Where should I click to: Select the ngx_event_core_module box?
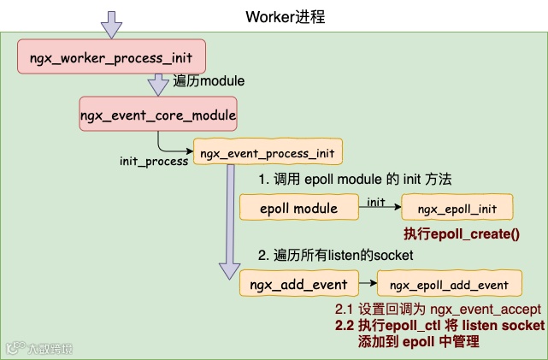click(157, 113)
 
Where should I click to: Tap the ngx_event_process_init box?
click(268, 153)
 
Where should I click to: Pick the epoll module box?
click(299, 208)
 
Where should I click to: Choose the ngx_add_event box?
click(299, 284)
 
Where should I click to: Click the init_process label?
click(154, 161)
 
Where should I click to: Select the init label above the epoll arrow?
click(376, 202)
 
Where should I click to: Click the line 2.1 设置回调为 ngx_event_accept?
click(438, 309)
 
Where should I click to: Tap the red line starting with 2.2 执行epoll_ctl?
click(439, 326)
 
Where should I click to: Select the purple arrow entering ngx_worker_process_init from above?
click(111, 24)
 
